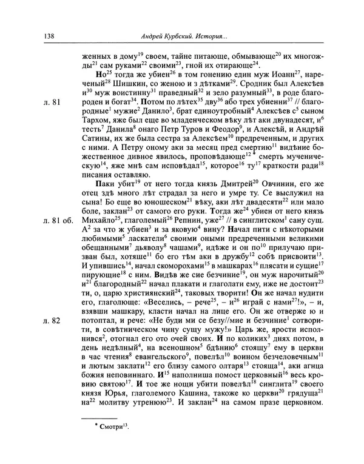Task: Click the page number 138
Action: coord(50,36)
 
